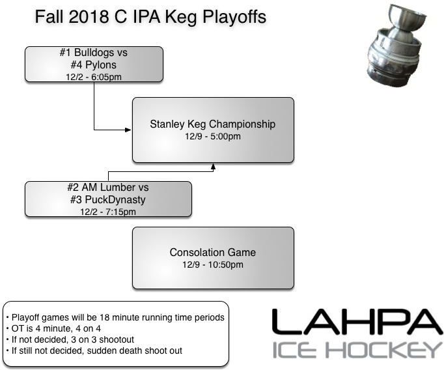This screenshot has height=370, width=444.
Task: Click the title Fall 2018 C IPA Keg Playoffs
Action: (150, 17)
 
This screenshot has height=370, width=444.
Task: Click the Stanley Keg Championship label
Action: (213, 124)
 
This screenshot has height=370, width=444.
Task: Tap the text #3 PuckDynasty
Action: (108, 200)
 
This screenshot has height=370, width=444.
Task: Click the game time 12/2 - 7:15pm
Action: (108, 212)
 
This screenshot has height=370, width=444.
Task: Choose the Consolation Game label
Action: (213, 252)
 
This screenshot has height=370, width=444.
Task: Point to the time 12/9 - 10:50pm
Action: (213, 264)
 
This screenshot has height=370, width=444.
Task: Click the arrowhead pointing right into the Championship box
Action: (128, 130)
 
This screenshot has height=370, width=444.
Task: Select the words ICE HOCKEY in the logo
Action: (356, 350)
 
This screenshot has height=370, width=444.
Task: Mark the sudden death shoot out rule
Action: (94, 350)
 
